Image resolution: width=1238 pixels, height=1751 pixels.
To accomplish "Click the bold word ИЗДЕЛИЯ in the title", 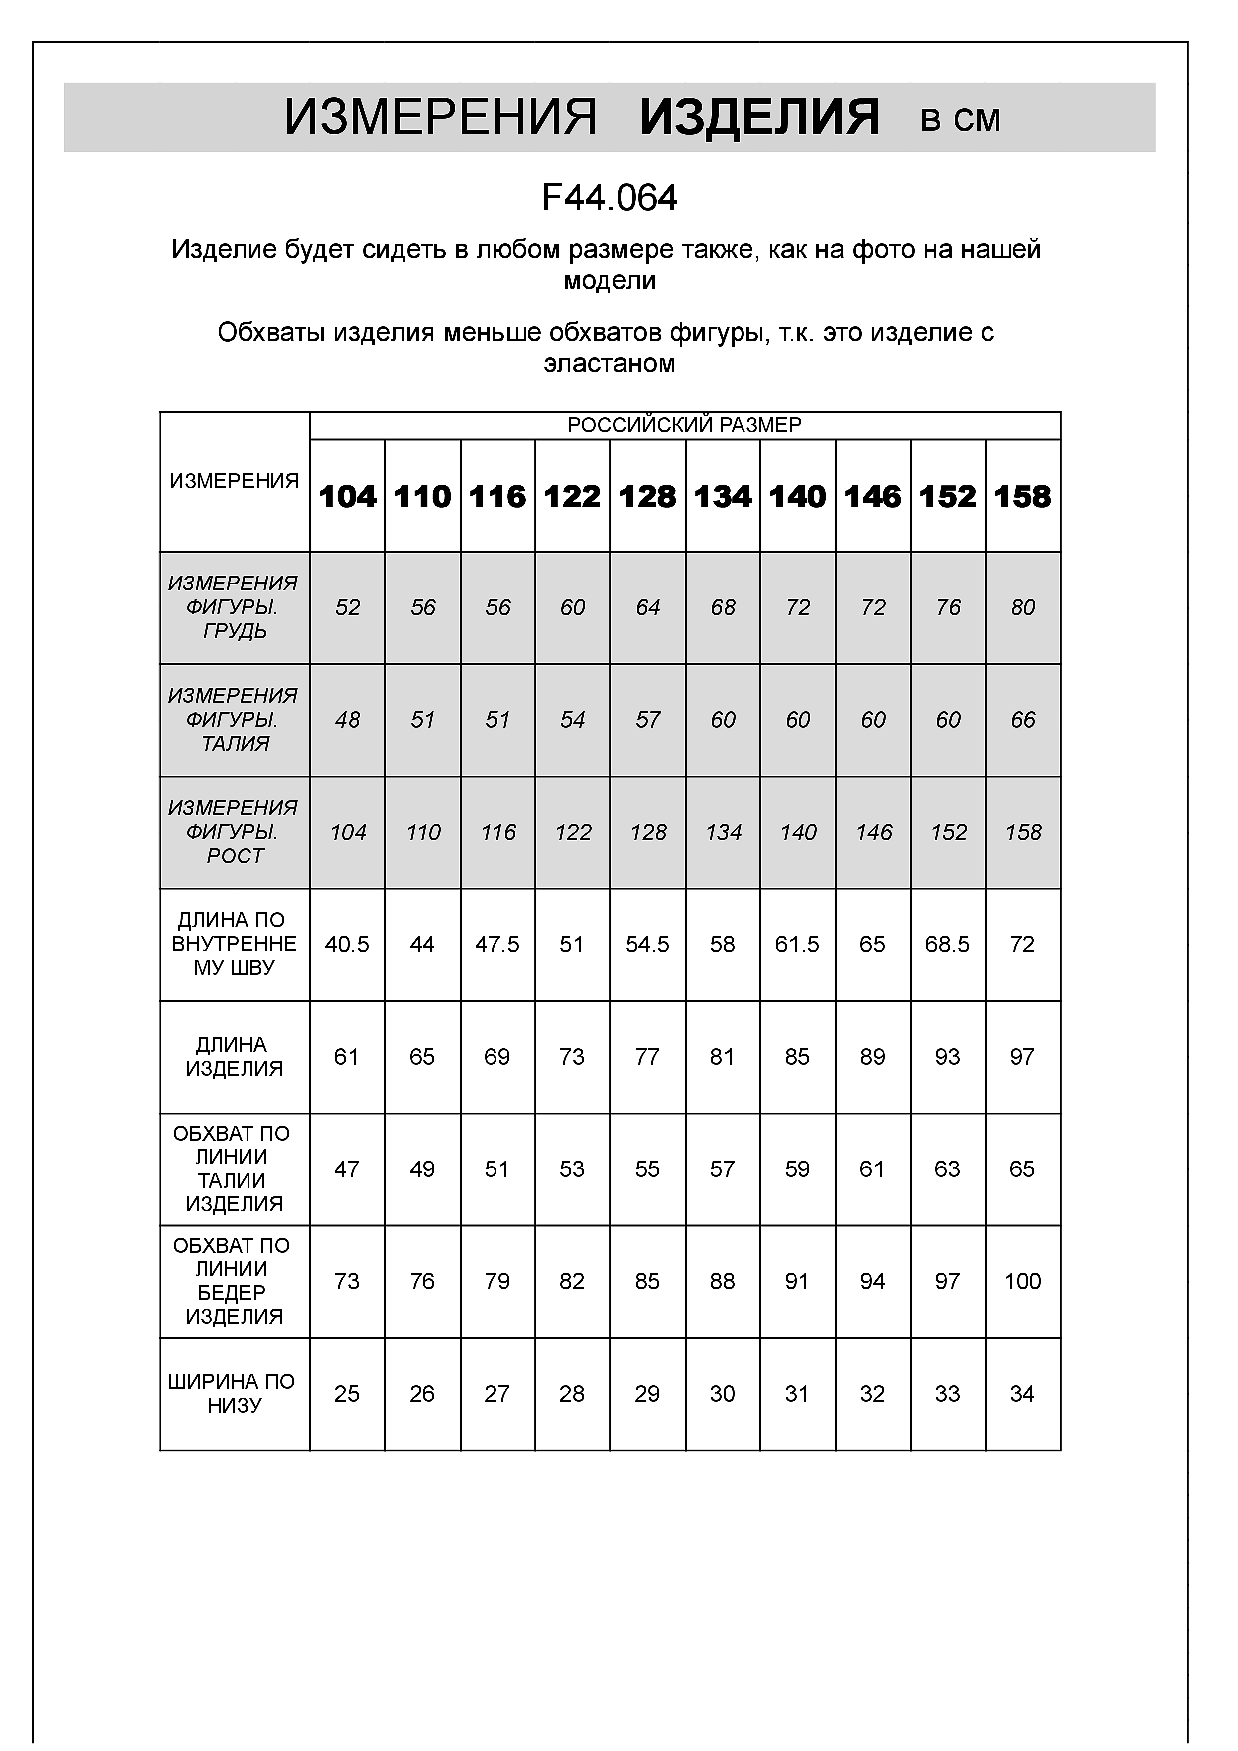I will click(759, 118).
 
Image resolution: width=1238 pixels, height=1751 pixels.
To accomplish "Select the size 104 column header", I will click(348, 497).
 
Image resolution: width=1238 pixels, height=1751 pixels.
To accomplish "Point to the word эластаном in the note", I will click(609, 364).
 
